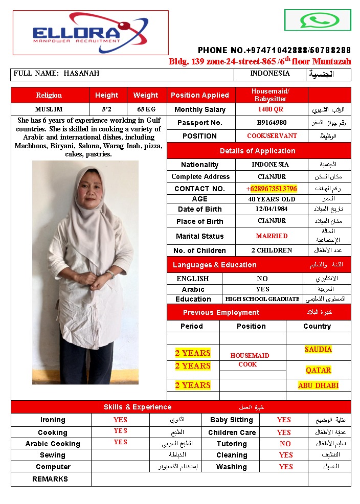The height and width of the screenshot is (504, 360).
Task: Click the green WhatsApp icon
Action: point(318,20)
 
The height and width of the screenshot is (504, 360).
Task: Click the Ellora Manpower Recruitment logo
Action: point(91,32)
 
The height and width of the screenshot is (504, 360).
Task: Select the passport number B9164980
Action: point(272,123)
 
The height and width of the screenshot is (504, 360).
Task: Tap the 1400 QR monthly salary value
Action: point(271,109)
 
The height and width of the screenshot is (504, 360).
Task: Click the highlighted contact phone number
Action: point(272,189)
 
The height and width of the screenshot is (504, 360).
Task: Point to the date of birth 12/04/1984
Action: point(272,209)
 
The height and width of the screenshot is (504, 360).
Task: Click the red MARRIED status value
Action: point(272,236)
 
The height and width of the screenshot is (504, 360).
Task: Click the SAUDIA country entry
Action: point(318,350)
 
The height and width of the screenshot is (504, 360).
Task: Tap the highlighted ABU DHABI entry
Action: point(318,385)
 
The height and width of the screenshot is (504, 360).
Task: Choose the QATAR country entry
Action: point(318,370)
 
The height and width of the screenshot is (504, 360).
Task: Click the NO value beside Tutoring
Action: point(285,444)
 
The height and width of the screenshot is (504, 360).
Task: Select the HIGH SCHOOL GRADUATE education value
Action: point(262,299)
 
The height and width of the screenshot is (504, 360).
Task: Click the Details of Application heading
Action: point(257,151)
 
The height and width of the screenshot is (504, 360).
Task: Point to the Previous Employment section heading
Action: point(221,312)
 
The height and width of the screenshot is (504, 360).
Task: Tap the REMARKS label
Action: point(50,479)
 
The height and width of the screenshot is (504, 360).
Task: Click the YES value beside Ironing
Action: point(120,420)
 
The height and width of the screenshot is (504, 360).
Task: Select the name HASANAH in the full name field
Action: point(81,74)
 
